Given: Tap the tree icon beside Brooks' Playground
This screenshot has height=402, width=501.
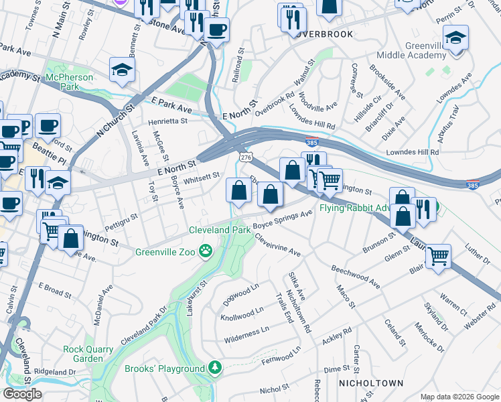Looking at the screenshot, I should click(214, 368).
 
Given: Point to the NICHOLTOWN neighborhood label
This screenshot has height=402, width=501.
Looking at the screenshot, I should click(370, 383).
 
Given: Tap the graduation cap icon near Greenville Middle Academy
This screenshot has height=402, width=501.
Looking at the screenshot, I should click(455, 38).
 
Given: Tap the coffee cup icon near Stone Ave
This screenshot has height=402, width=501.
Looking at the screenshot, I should click(216, 29).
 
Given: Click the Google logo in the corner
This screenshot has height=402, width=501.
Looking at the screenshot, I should click(22, 394).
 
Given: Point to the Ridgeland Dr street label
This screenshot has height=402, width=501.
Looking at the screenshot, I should click(56, 371).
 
